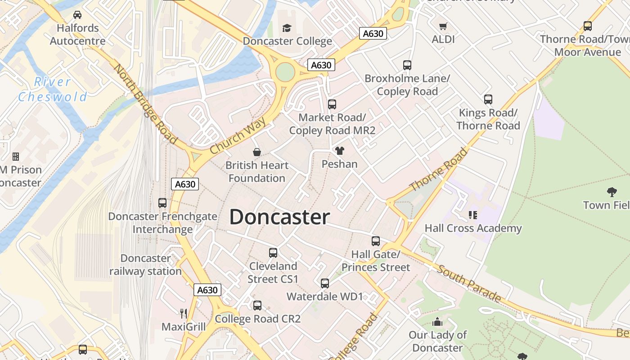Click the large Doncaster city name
click(279, 217)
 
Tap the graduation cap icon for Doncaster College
click(287, 28)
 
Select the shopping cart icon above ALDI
click(443, 26)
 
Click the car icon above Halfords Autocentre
click(77, 15)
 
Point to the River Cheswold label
click(53, 89)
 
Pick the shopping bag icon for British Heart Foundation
click(256, 152)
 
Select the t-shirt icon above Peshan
click(339, 151)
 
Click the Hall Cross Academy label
click(473, 228)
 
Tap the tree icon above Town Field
click(612, 192)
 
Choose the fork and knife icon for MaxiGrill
click(184, 313)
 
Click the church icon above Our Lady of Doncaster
click(437, 322)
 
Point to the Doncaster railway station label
click(145, 265)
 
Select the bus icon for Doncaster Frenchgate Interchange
click(162, 203)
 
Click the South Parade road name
click(469, 283)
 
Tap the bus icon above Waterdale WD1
click(325, 283)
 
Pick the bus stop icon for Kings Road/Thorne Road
click(488, 99)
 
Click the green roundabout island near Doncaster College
click(284, 72)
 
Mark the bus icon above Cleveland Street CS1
click(273, 253)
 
